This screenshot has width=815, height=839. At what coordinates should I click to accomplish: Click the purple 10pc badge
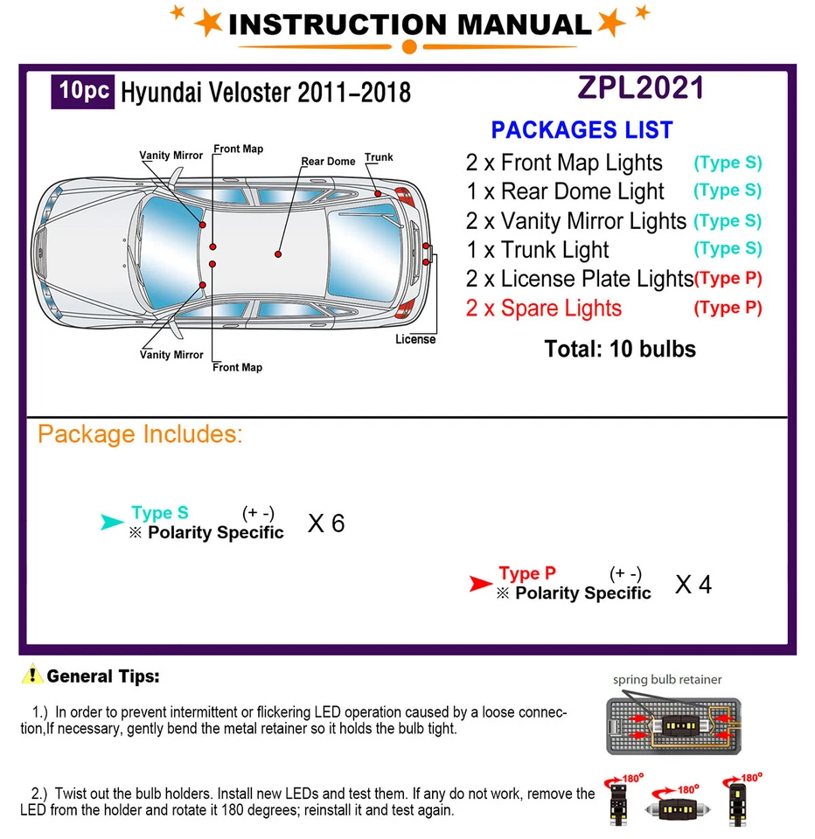pyautogui.click(x=83, y=92)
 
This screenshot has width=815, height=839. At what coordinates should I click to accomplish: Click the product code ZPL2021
pyautogui.click(x=640, y=87)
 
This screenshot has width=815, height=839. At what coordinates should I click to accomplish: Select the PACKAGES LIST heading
pyautogui.click(x=582, y=130)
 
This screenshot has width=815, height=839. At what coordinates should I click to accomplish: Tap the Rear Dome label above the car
pyautogui.click(x=328, y=162)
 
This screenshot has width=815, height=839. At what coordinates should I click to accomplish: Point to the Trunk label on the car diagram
pyautogui.click(x=379, y=157)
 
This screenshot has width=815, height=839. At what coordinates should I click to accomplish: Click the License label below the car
pyautogui.click(x=414, y=339)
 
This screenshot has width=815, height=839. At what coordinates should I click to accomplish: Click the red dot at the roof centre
pyautogui.click(x=278, y=254)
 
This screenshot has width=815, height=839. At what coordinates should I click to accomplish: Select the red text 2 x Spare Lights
pyautogui.click(x=543, y=309)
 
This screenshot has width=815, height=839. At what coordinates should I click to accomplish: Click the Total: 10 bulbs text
pyautogui.click(x=620, y=350)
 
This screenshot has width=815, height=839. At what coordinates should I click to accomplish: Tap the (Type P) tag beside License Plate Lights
pyautogui.click(x=728, y=279)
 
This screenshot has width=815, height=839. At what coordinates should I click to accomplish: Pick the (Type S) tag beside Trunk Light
pyautogui.click(x=728, y=249)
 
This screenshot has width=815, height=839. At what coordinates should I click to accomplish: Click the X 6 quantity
pyautogui.click(x=326, y=524)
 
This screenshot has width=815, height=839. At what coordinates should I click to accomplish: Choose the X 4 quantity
pyautogui.click(x=693, y=585)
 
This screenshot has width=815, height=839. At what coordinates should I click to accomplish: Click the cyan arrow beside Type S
pyautogui.click(x=112, y=523)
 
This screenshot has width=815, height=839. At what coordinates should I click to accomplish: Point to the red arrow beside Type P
pyautogui.click(x=480, y=584)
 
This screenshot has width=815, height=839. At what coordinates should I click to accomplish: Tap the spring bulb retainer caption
pyautogui.click(x=667, y=679)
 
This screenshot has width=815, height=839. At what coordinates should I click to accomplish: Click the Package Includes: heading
pyautogui.click(x=140, y=434)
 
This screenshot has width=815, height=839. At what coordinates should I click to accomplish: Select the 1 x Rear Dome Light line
pyautogui.click(x=565, y=191)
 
